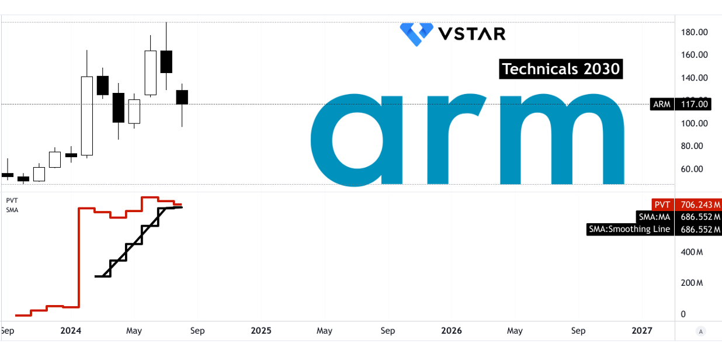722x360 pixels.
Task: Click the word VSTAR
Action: coord(472,34)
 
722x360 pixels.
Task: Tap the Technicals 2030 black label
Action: coord(561,69)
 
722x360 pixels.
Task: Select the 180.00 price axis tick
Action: coord(695,32)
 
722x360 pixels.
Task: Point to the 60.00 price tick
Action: coord(692,169)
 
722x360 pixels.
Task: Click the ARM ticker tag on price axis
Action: coord(662,104)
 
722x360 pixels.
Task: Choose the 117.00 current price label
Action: coord(693,104)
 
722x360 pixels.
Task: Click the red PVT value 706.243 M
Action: coord(699,205)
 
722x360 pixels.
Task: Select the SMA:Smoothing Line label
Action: coord(630,229)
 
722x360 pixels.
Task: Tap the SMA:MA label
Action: coord(655,217)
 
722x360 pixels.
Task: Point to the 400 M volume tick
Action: coord(692,252)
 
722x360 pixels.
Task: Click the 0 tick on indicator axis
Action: coord(683,314)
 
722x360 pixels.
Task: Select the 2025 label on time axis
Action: coord(261,331)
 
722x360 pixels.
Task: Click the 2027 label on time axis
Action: coord(642,331)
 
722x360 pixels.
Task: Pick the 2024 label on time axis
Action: coord(71,331)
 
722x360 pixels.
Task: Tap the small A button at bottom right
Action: coord(700,331)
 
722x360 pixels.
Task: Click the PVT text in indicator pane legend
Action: coord(12,200)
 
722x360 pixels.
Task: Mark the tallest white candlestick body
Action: coord(86,116)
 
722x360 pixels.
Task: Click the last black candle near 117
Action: coord(182,97)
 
